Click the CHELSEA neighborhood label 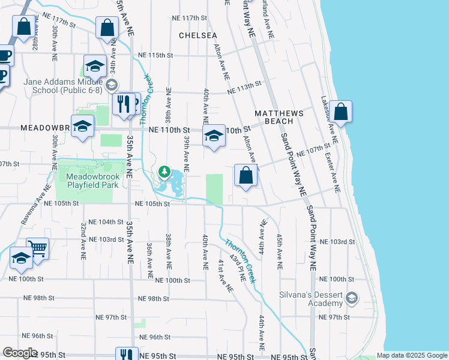(x=198, y=35)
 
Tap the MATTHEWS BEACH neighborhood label (x=279, y=117)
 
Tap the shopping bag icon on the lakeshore (x=340, y=112)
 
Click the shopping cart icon (x=37, y=247)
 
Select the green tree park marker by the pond (x=164, y=173)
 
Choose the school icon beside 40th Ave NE (x=213, y=136)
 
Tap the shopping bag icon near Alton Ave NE (x=245, y=176)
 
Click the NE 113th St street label (x=245, y=88)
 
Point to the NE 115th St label (x=155, y=55)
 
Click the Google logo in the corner (x=19, y=353)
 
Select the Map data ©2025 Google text (x=411, y=355)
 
